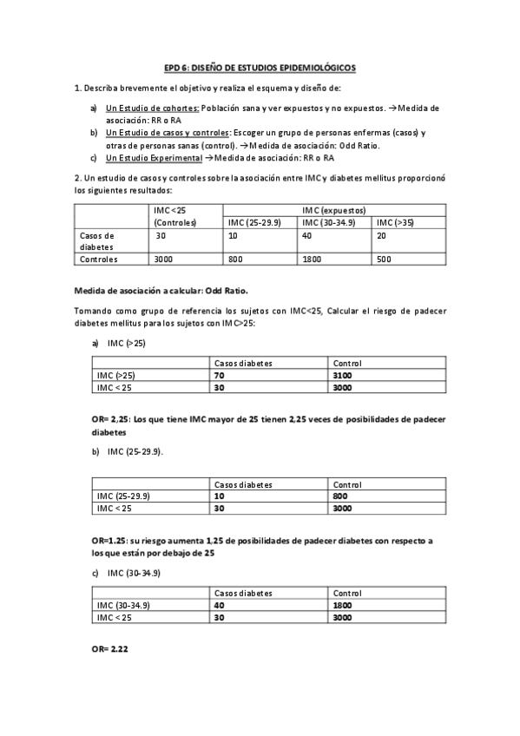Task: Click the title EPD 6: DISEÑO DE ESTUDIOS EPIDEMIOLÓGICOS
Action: [x=260, y=67]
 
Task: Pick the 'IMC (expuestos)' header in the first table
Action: [x=334, y=211]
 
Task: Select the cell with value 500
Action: [x=384, y=259]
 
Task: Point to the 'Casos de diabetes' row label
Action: [x=97, y=240]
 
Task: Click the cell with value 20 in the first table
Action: [x=383, y=235]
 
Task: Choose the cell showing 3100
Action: [x=341, y=375]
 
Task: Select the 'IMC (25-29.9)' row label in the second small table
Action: [x=124, y=496]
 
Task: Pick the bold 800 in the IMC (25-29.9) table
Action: [x=339, y=496]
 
